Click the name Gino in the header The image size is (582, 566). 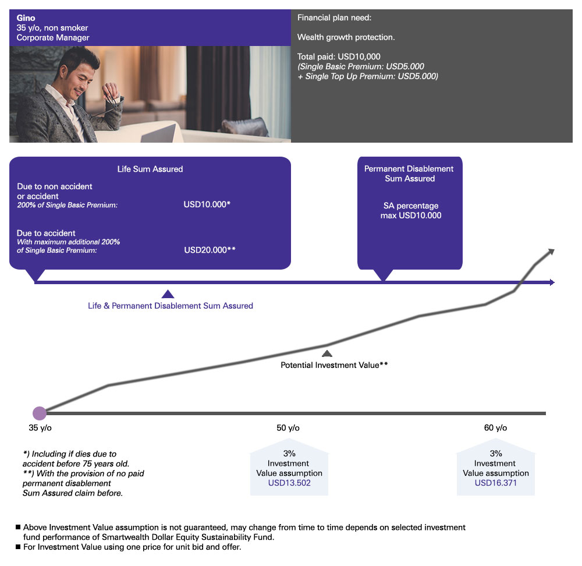26,18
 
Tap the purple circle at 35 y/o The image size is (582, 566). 40,413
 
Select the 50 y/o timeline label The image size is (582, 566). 288,428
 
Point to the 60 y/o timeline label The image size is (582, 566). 495,428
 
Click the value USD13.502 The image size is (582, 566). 289,483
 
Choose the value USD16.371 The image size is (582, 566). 495,483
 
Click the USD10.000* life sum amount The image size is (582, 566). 207,204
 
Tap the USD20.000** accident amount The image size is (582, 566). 210,250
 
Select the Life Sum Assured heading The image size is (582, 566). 150,169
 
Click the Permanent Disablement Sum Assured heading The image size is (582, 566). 409,174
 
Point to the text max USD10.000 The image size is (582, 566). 411,215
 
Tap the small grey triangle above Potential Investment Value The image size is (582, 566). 327,353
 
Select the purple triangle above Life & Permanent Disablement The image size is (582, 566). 168,294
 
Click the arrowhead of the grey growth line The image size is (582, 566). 551,252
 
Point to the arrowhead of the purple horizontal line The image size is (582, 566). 552,282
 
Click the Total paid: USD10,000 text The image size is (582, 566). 339,56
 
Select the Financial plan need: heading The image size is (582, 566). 334,17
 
